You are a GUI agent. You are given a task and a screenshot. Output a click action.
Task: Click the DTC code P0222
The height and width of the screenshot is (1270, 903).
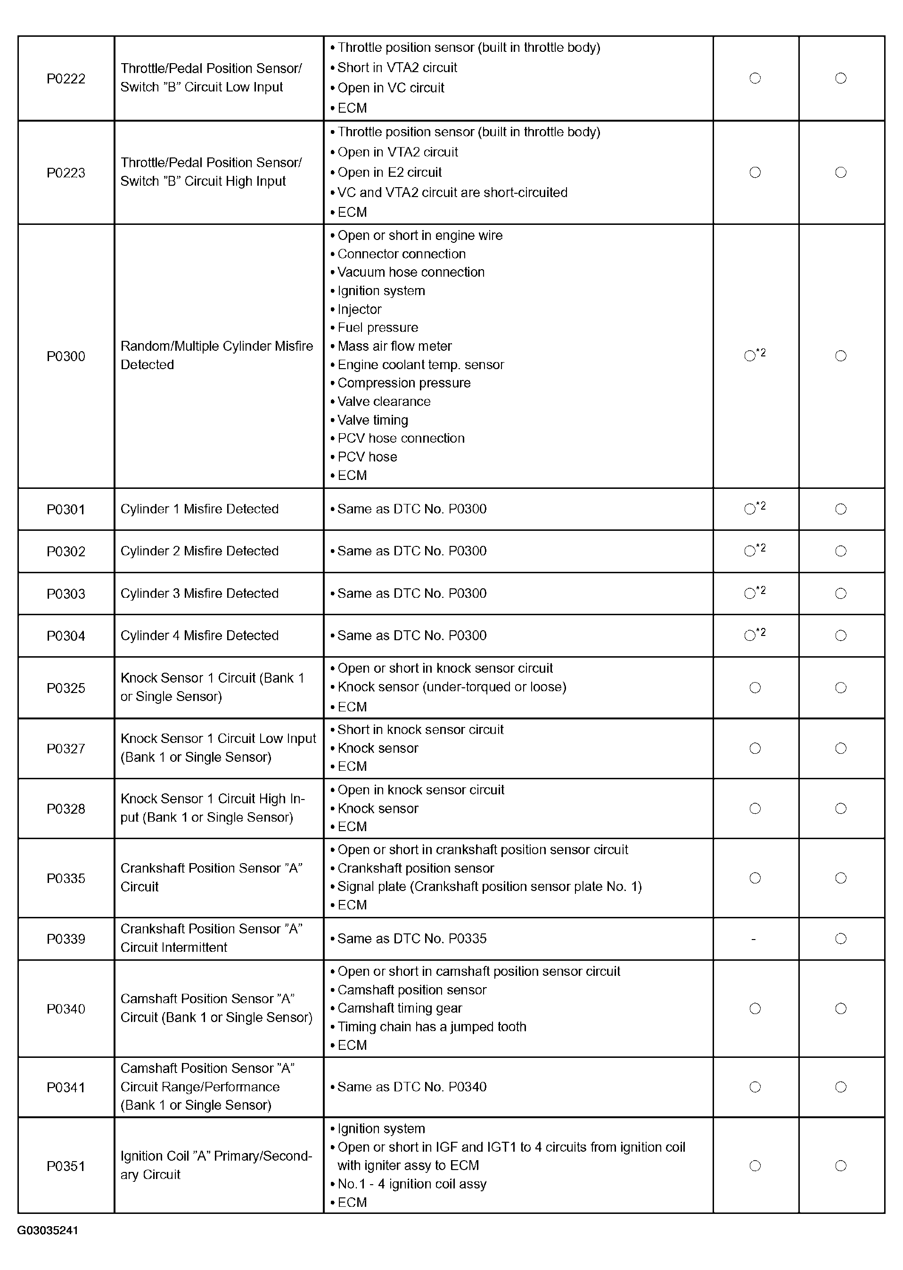(x=66, y=78)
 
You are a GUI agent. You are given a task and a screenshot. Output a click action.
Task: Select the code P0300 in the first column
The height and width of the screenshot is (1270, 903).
(x=66, y=356)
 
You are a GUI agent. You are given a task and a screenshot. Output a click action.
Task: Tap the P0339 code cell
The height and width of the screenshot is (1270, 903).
(x=66, y=939)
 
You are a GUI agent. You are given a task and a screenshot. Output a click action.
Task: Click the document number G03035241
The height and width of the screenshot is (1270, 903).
(x=48, y=1230)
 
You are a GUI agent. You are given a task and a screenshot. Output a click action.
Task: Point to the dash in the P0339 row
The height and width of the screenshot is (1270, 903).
(x=754, y=939)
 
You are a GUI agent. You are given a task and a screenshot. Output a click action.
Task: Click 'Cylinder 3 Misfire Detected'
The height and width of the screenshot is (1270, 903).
(x=199, y=594)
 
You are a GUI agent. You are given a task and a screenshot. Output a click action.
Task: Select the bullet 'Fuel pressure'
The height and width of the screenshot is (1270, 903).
(x=378, y=328)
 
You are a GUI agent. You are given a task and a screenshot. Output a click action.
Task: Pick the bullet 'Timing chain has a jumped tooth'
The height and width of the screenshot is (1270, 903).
(x=432, y=1026)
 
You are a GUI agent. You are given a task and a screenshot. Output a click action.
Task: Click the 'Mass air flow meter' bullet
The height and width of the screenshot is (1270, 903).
(x=394, y=346)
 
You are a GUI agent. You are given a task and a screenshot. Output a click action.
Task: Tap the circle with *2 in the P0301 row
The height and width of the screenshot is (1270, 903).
(x=751, y=509)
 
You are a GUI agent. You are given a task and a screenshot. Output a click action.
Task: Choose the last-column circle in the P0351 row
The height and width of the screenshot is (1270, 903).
(x=841, y=1165)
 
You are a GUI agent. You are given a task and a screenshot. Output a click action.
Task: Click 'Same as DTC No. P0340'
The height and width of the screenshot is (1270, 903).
(x=411, y=1087)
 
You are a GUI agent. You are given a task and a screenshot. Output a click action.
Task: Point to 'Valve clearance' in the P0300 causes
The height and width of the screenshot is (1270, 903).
(x=384, y=402)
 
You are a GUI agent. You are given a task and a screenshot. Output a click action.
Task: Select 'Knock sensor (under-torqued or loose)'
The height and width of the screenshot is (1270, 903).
(x=451, y=687)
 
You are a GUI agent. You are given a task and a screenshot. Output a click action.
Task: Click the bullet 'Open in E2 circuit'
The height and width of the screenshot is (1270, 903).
(x=389, y=173)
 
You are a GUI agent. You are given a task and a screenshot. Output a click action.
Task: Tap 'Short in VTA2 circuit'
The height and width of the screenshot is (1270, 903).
(x=397, y=68)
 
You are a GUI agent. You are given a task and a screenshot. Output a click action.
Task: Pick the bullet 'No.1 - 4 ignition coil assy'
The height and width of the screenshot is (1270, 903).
(x=411, y=1184)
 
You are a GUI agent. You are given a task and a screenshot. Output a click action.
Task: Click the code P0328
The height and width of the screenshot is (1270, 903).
(x=66, y=808)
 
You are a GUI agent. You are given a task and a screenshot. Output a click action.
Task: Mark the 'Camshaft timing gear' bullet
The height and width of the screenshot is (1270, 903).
(x=399, y=1008)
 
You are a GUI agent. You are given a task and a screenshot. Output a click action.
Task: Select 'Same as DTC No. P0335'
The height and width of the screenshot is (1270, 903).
(x=411, y=939)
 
